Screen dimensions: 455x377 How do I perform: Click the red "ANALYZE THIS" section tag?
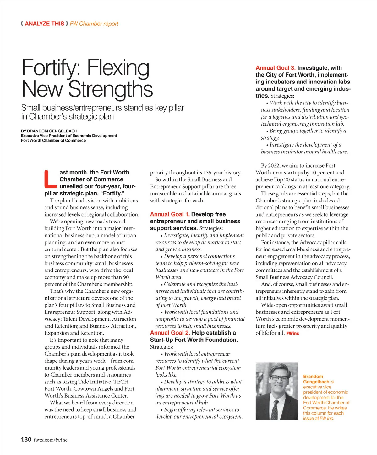click(44, 24)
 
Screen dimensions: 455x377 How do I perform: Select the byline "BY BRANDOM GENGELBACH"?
click(49, 131)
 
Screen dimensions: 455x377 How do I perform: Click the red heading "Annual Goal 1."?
click(170, 214)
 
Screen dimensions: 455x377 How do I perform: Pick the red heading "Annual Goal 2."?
click(170, 333)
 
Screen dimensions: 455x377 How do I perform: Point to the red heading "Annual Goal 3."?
click(276, 68)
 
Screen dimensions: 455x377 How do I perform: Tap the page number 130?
click(26, 439)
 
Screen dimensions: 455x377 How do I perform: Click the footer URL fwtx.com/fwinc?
click(51, 440)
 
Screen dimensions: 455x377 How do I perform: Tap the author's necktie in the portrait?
click(275, 409)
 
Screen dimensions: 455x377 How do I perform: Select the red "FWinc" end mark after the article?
click(292, 333)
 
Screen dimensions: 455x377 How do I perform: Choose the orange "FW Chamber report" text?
click(94, 24)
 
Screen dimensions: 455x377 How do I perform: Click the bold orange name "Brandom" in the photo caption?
click(313, 377)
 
